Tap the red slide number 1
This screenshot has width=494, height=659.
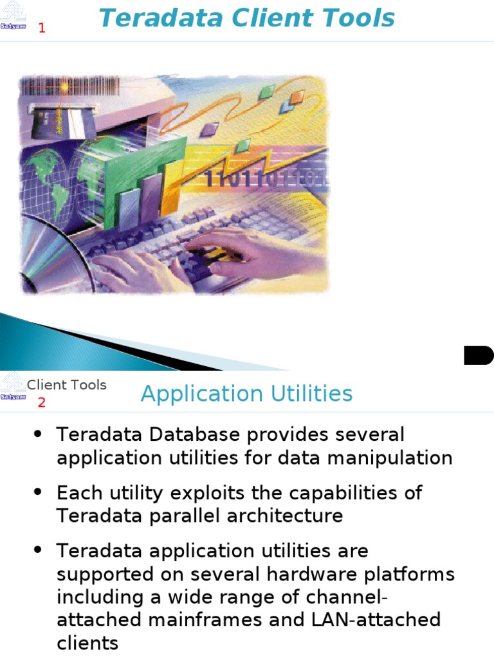42,28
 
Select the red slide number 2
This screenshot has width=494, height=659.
42,403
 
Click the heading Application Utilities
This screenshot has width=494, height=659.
246,393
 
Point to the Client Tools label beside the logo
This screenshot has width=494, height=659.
66,385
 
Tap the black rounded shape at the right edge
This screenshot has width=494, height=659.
478,355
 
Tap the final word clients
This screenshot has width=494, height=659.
87,644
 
